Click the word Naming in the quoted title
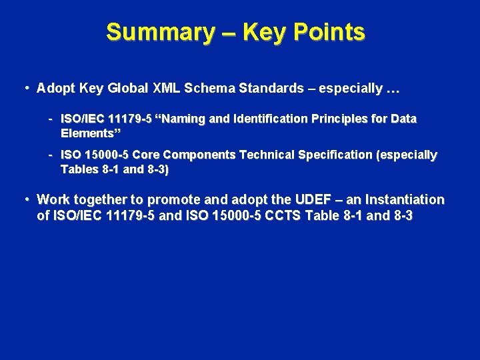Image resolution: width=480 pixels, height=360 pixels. pos(183,119)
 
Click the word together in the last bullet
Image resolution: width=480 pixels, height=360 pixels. pos(102,199)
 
